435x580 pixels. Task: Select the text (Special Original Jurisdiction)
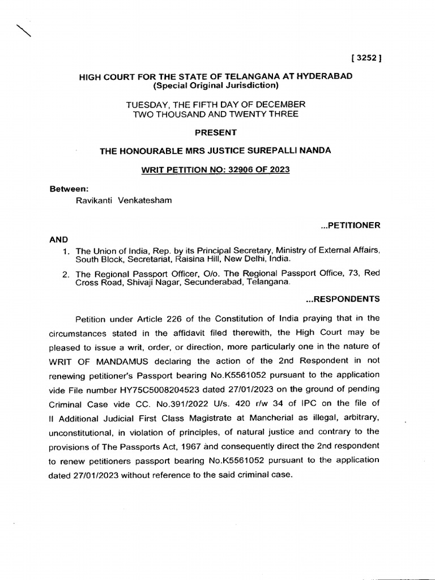[x=215, y=85]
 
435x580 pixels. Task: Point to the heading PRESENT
[x=215, y=132]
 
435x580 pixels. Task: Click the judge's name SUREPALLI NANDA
[x=295, y=151]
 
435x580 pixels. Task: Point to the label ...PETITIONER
[x=350, y=225]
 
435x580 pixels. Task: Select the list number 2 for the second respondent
[x=66, y=274]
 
